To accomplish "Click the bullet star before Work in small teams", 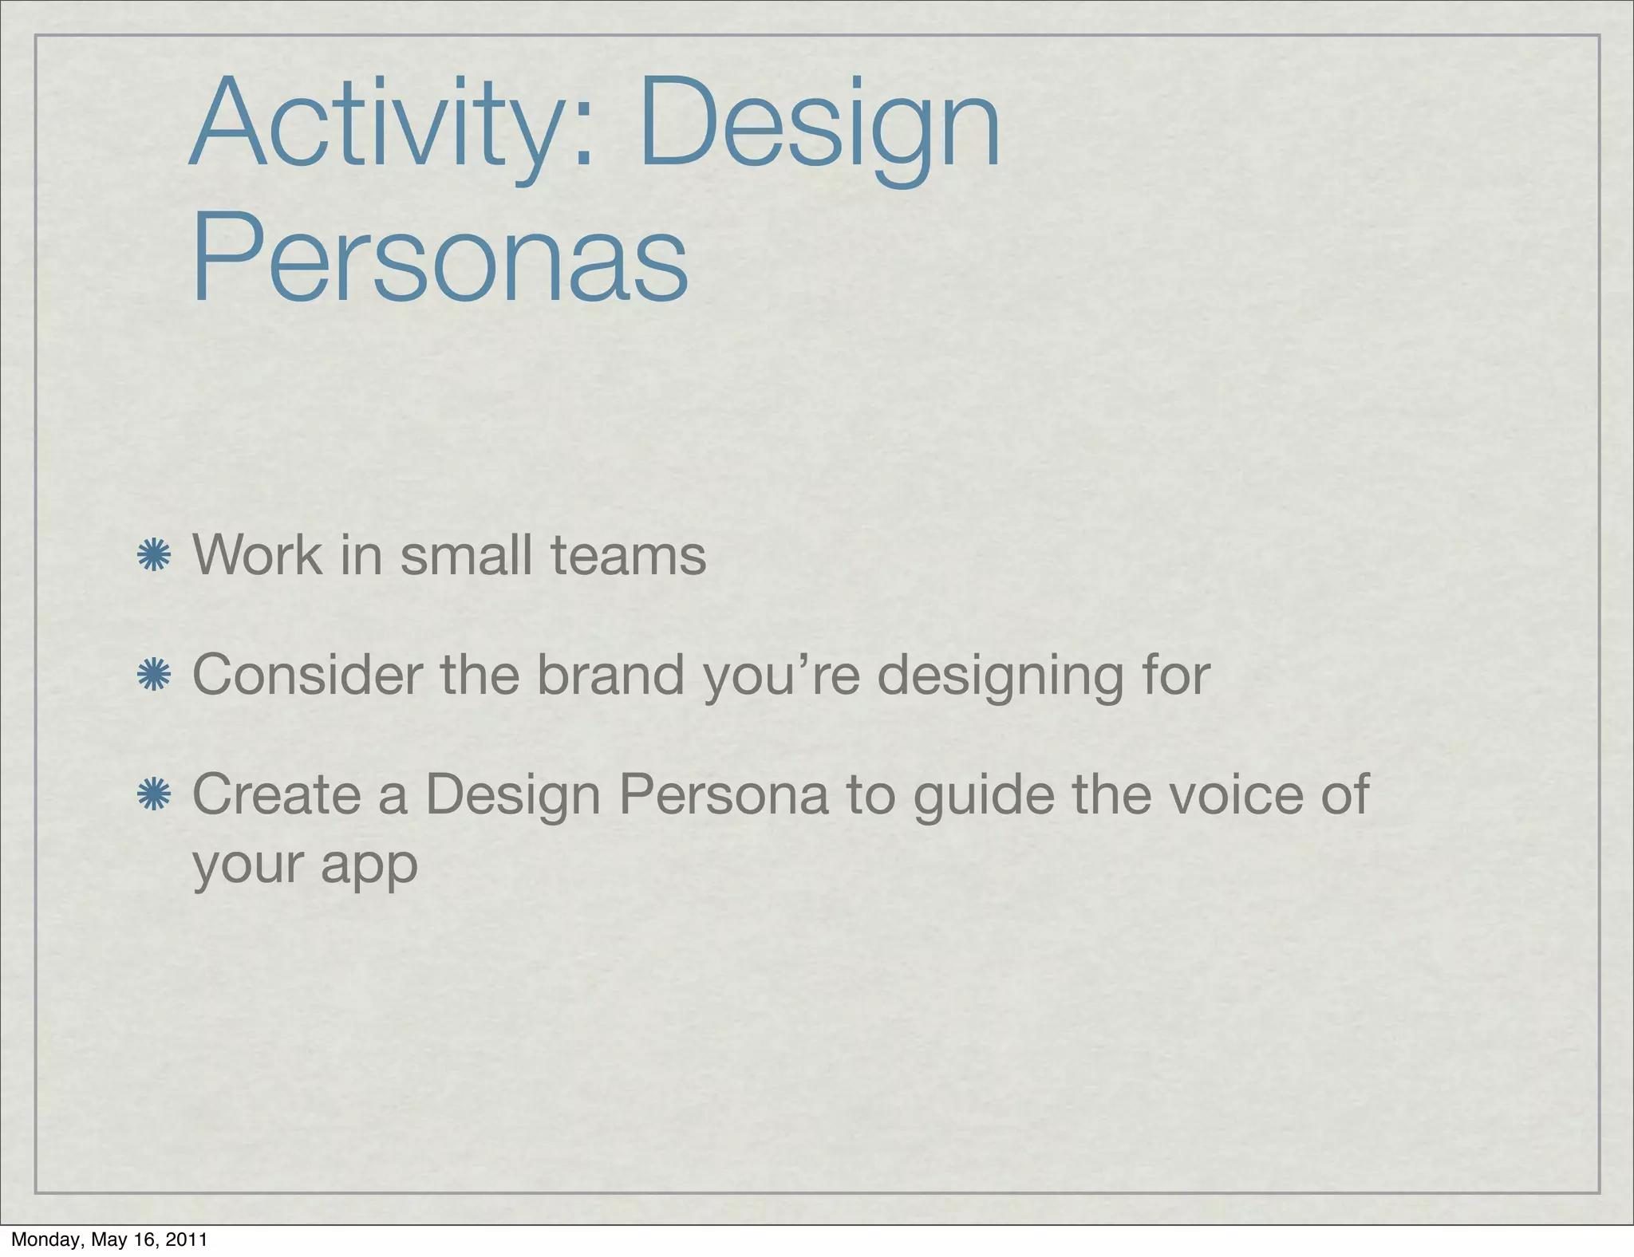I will click(x=153, y=556).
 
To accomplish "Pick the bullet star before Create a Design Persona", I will click(x=153, y=795).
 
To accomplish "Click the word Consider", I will click(x=306, y=675).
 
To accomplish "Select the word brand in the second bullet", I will click(x=610, y=675).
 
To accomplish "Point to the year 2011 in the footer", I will click(x=187, y=1240).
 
